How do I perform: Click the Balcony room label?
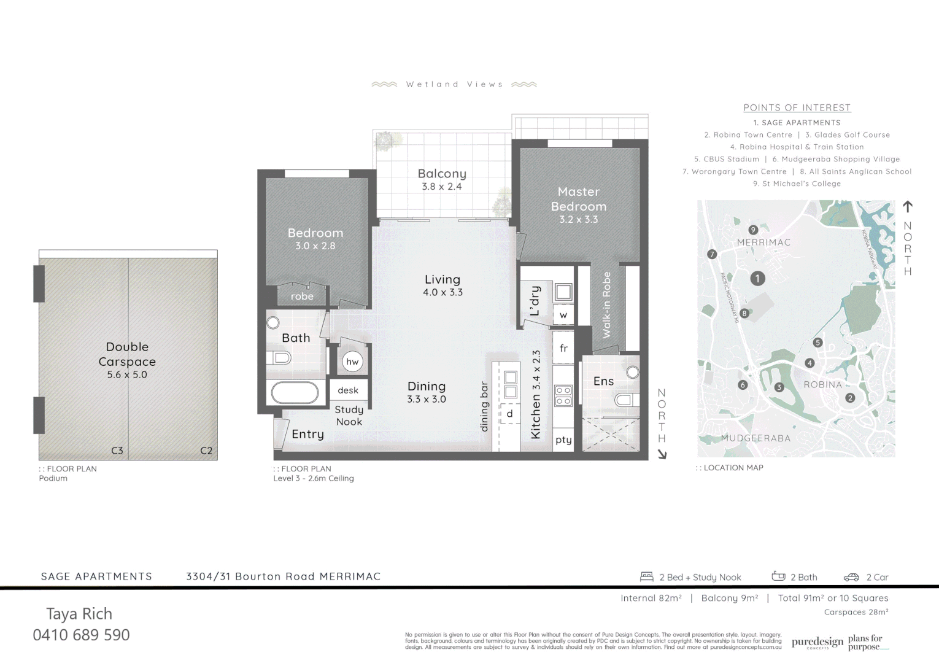442,174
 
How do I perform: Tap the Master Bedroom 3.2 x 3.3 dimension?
578,219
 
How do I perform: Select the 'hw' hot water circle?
352,362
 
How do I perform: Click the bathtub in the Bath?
295,393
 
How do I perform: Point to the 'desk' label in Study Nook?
348,390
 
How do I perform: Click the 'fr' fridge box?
563,348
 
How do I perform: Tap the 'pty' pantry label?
563,440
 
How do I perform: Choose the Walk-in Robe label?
607,305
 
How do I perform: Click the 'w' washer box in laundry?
563,316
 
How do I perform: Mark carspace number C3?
117,451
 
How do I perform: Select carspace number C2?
206,451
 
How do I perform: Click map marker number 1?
757,279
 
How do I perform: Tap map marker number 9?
753,230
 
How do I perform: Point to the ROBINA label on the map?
823,385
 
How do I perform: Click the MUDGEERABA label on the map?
755,438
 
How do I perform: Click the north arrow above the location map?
908,206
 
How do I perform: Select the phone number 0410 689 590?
82,635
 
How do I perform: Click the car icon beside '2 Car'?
851,577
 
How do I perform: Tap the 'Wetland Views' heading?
454,84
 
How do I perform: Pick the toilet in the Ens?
623,400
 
